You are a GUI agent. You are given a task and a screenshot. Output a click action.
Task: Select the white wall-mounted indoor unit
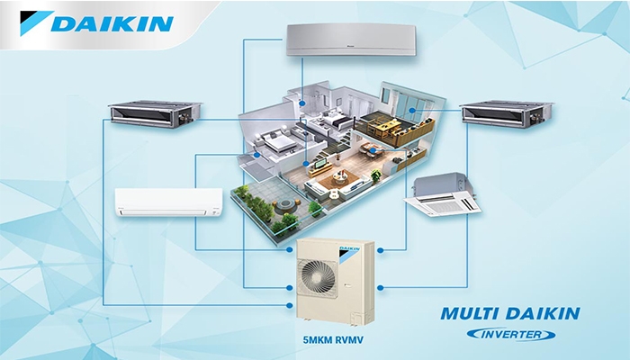(x=165, y=201)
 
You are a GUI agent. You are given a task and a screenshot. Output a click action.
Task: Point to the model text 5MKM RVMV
(x=333, y=341)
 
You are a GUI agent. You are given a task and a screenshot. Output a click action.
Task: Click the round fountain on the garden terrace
(x=289, y=220)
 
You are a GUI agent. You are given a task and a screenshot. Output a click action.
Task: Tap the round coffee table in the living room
(x=334, y=193)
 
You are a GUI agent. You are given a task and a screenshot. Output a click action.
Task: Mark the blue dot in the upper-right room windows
(x=410, y=110)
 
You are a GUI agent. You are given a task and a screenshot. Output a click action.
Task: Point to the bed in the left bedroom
(x=270, y=141)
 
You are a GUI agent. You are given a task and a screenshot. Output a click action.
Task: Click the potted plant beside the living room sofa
(x=315, y=207)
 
